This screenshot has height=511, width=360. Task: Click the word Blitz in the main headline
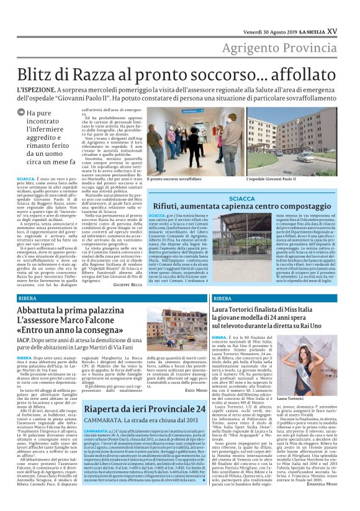(37, 73)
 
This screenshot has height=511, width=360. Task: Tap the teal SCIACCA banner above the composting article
(242, 199)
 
